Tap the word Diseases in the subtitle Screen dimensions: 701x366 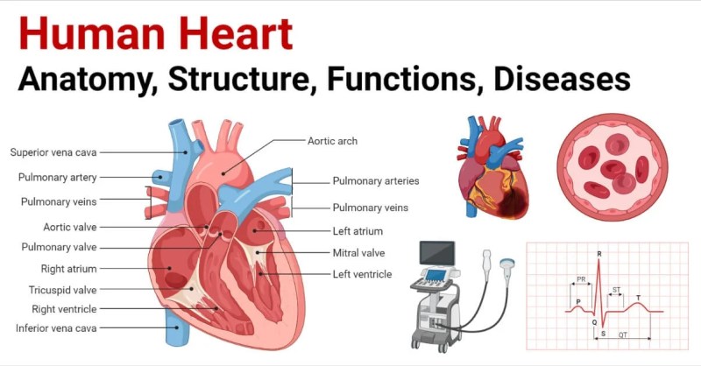coord(562,79)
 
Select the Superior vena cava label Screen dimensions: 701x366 coord(53,152)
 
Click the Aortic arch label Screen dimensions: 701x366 coord(333,141)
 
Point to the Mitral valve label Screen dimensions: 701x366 coord(358,253)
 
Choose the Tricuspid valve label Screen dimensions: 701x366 coord(62,290)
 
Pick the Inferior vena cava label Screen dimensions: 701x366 coord(56,328)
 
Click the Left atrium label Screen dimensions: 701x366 coord(358,231)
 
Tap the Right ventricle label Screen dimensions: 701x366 coord(64,309)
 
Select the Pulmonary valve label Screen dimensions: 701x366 coord(59,247)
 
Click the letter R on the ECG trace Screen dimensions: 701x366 coord(599,254)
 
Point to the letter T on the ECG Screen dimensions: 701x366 coord(639,298)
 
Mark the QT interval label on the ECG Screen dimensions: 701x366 coord(623,334)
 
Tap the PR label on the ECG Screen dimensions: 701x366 coord(581,279)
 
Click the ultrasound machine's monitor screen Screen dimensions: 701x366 coord(437,253)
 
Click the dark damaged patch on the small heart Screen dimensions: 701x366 coord(513,201)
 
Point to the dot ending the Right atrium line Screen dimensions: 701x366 coord(169,269)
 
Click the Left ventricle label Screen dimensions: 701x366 coord(362,274)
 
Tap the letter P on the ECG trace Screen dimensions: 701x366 coord(578,302)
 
